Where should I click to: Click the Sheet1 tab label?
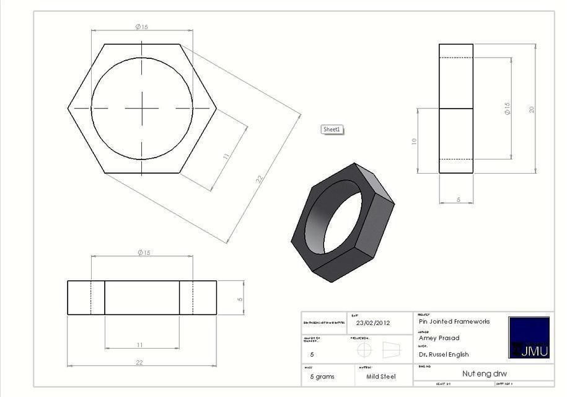(332, 129)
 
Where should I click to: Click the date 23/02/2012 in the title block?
(373, 323)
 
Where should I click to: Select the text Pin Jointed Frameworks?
(454, 321)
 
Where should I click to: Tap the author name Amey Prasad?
(439, 338)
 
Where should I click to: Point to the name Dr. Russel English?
(444, 355)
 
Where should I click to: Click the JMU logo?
(529, 337)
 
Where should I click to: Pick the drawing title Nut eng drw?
(485, 373)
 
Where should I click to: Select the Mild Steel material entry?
(380, 377)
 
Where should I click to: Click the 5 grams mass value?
(322, 377)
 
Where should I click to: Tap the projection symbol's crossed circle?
(365, 350)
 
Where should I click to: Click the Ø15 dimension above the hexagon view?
(142, 27)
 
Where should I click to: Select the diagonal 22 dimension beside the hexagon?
(260, 179)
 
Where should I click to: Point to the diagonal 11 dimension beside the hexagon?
(226, 156)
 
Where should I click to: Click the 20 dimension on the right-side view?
(532, 109)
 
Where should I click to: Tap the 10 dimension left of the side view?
(414, 141)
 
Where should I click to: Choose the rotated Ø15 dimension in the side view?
(507, 109)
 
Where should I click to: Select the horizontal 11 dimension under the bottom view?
(139, 345)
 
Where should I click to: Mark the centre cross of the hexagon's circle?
(142, 108)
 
